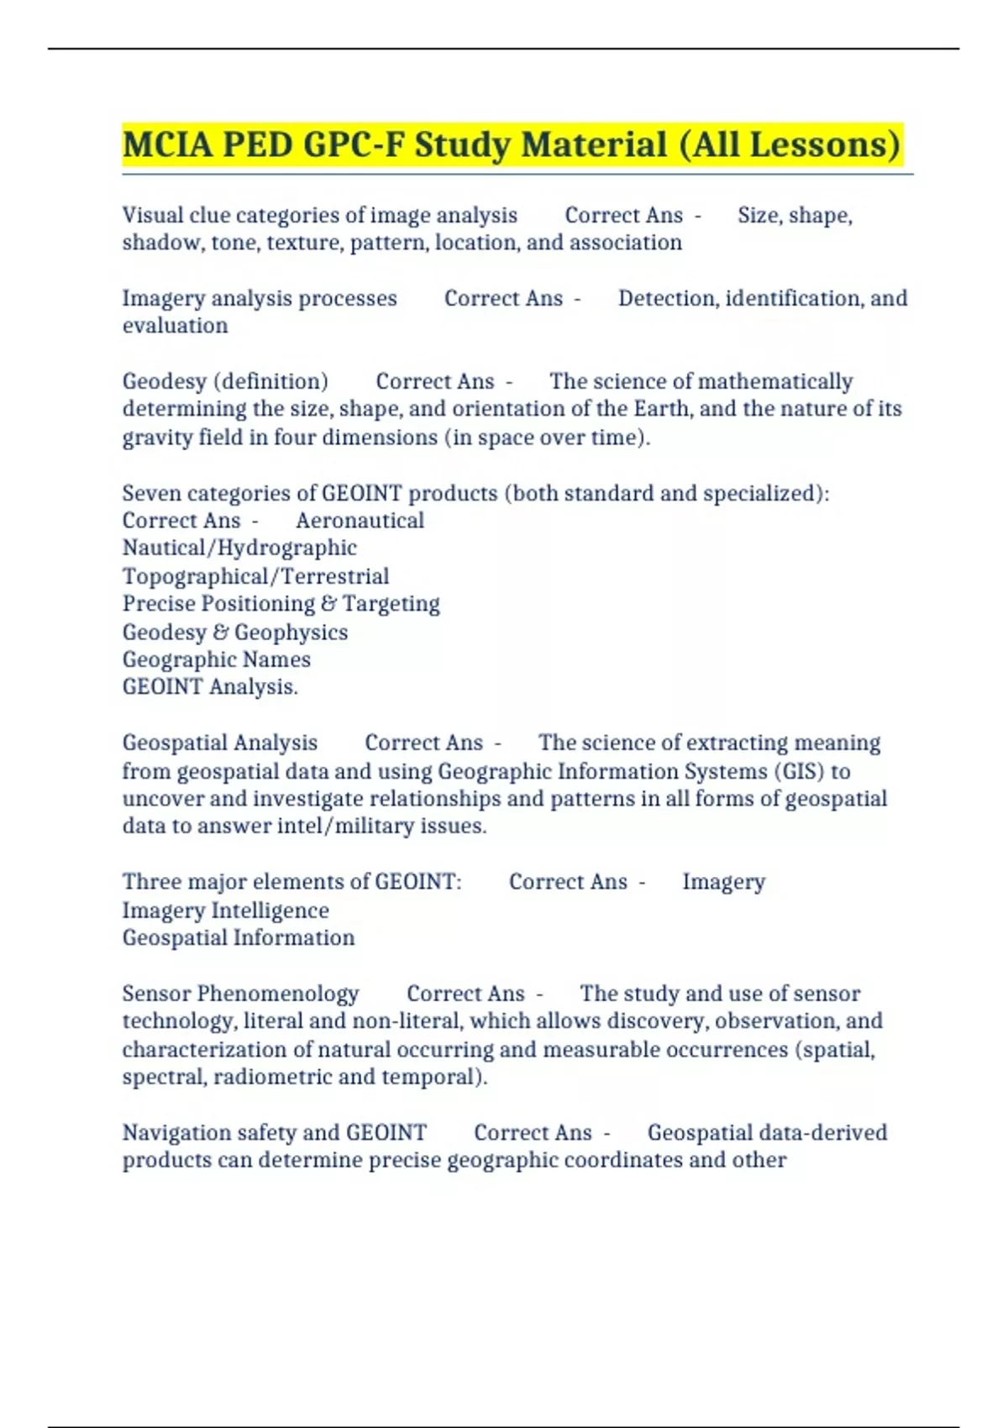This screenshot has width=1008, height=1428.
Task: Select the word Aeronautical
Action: (360, 521)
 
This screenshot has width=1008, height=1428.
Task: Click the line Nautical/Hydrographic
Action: (239, 549)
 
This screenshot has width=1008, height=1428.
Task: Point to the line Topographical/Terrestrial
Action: (255, 576)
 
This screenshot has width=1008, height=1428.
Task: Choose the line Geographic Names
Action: (216, 659)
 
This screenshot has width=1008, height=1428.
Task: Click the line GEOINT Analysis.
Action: (210, 687)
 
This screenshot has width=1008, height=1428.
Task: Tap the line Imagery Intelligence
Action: (225, 911)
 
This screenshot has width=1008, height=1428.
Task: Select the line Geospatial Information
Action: (239, 938)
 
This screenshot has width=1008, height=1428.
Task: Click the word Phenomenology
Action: (277, 994)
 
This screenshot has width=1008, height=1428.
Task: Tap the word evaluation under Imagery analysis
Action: (175, 326)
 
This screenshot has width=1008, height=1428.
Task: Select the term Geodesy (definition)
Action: (225, 381)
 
